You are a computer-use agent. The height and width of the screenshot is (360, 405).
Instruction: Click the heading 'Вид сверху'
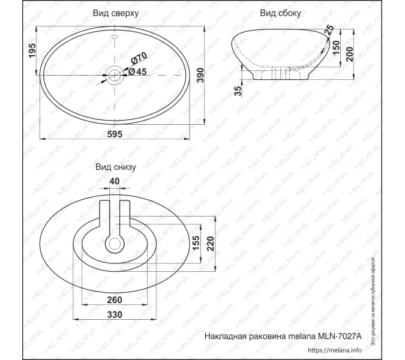coord(117,13)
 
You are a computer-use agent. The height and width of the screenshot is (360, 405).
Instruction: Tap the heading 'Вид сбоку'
coord(281,13)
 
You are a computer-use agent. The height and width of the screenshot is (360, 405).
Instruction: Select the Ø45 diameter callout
coord(139,71)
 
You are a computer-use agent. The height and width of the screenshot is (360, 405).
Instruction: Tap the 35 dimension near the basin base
coord(238,91)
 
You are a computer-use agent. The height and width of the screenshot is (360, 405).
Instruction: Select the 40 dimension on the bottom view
coord(115,181)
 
